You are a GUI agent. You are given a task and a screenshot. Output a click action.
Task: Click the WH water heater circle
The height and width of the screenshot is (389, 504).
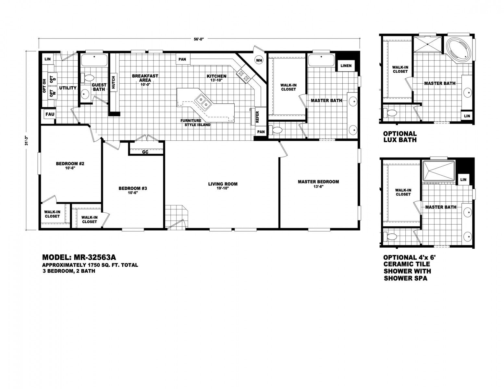(x=259, y=60)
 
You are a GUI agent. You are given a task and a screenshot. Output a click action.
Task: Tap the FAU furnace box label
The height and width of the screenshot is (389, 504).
(x=50, y=114)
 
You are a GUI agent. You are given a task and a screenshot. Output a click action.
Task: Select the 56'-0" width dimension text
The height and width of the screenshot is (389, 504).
(x=199, y=39)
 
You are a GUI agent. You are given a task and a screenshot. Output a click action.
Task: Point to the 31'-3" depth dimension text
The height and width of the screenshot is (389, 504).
(x=27, y=140)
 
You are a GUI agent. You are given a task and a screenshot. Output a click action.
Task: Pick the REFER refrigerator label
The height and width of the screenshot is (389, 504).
(x=257, y=117)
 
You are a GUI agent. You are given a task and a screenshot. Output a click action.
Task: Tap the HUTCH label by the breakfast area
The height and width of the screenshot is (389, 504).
(x=113, y=82)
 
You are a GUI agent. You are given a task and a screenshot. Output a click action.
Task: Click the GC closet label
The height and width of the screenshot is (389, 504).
(x=145, y=152)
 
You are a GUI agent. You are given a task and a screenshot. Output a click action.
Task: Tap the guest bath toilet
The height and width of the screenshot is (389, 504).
(x=87, y=77)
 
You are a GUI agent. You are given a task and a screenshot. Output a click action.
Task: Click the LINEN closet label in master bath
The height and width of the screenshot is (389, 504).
(x=346, y=66)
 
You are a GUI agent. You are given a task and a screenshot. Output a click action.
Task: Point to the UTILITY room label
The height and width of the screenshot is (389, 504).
(x=68, y=88)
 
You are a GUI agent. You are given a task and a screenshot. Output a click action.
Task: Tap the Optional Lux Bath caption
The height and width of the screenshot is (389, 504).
(x=400, y=137)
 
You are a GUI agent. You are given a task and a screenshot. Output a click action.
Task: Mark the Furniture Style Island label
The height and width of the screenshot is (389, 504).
(x=195, y=123)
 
